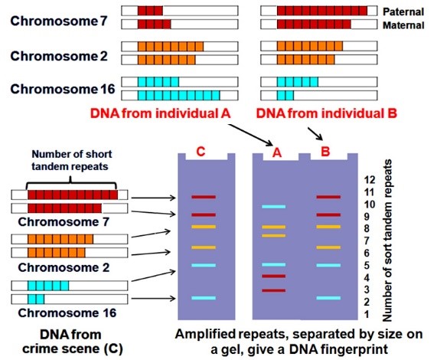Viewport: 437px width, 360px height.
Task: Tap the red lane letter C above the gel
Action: [201, 152]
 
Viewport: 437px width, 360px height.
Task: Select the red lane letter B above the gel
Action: [325, 152]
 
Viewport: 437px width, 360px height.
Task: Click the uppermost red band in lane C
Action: [204, 197]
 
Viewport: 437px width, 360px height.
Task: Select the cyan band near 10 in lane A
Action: [273, 207]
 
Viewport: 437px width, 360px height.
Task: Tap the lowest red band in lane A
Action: [273, 290]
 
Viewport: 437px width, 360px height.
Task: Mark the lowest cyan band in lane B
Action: [328, 298]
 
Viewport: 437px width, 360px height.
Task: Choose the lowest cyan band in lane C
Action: [204, 298]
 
